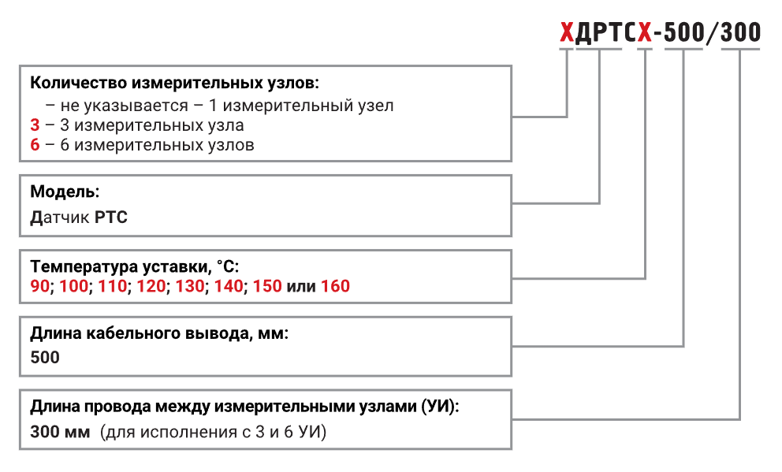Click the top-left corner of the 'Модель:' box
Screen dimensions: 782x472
(x=20, y=175)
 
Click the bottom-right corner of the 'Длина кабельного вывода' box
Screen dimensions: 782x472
(x=512, y=376)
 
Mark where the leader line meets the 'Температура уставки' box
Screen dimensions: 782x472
(x=512, y=278)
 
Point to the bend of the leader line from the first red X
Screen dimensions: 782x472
(x=567, y=117)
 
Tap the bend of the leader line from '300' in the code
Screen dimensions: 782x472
(x=740, y=419)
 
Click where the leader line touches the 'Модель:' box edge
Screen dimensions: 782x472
(x=512, y=203)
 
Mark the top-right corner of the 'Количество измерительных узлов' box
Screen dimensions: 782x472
(x=512, y=65)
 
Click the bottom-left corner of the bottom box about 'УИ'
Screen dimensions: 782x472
(x=20, y=449)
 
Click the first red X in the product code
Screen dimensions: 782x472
(x=567, y=32)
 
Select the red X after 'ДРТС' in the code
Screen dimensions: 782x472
(x=645, y=32)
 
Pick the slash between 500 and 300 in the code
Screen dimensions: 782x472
(x=712, y=32)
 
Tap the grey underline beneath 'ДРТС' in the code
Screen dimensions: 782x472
(x=599, y=49)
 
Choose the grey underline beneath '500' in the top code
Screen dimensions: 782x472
(x=683, y=49)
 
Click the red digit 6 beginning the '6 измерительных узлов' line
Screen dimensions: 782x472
(x=35, y=144)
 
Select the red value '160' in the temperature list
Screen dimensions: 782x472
(x=335, y=286)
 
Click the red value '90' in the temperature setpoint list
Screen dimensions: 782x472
(x=40, y=286)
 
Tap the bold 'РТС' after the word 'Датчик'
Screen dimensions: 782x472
(x=110, y=217)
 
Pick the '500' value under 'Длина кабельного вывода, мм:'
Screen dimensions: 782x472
(x=45, y=358)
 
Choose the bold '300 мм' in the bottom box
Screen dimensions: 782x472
(x=60, y=432)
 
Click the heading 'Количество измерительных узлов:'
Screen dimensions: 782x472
(x=174, y=83)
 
